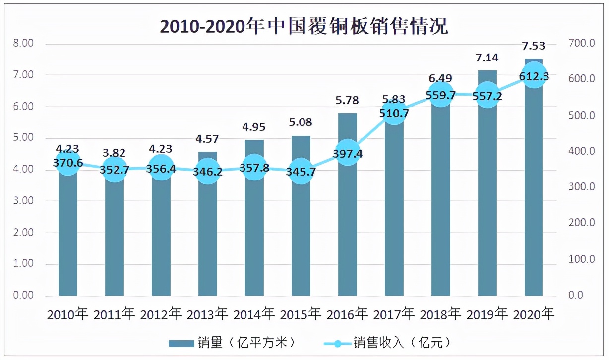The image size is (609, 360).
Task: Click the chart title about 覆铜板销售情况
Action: (304, 26)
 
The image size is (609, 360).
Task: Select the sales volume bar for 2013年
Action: (207, 238)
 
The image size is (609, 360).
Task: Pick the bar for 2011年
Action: (115, 238)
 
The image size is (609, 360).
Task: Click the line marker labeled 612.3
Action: (534, 76)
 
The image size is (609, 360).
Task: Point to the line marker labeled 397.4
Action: (347, 153)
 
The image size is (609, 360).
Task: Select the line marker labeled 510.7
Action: (394, 113)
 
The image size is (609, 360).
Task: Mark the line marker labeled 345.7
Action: (301, 172)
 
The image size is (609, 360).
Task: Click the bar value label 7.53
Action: (534, 46)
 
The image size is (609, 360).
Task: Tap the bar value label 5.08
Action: (301, 122)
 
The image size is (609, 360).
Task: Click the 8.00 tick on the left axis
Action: (23, 44)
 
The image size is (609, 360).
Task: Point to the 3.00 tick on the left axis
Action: (23, 201)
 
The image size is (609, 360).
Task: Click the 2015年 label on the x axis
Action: (301, 314)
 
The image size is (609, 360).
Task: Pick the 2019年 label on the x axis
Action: (487, 314)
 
